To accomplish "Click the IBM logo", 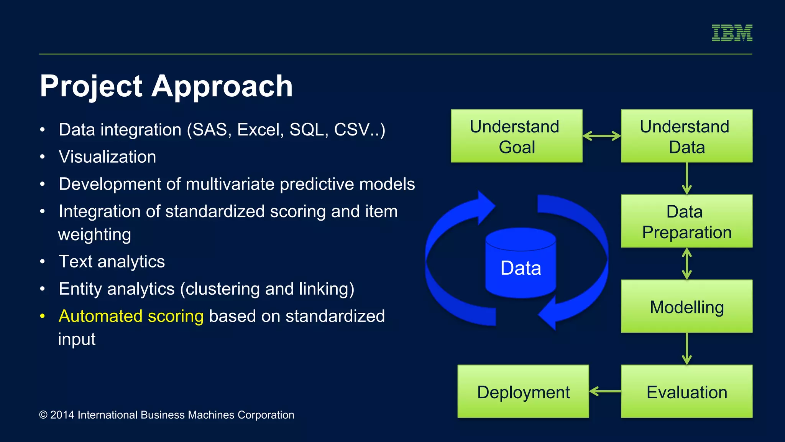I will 732,33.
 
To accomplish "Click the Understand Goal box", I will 516,136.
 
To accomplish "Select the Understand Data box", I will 686,136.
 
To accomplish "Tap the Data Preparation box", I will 686,221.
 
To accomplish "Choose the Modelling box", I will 686,307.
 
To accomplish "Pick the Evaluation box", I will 686,392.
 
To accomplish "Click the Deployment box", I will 523,392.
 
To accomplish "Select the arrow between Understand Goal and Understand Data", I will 602,136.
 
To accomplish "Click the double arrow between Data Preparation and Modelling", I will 686,264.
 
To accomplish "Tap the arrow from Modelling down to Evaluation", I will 686,348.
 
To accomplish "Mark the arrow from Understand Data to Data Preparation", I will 686,178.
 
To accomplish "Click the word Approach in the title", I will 222,87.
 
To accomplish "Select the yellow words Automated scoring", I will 131,316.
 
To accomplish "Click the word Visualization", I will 107,157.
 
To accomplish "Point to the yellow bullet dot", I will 43,316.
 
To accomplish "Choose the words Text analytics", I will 112,262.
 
